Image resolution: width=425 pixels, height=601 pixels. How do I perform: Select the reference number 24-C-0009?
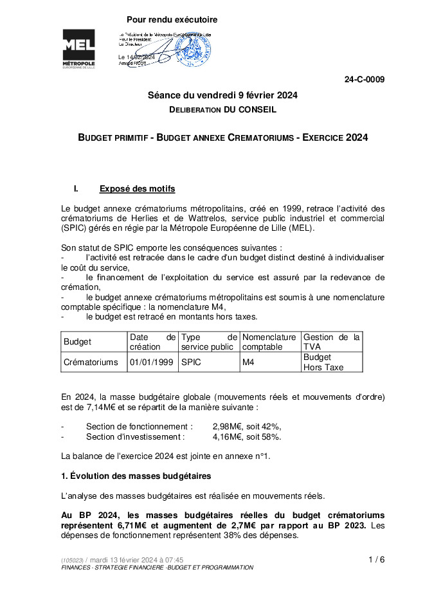365,80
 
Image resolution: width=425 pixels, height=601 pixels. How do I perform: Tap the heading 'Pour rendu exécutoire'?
172,20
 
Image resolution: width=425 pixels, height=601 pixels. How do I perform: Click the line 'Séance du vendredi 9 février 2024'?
222,95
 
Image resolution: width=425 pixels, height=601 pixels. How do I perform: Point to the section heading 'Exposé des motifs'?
137,189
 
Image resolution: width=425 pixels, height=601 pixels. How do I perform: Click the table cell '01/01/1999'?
151,363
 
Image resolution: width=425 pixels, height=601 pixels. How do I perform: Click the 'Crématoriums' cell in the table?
91,363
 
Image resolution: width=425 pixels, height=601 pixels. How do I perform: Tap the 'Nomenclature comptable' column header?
269,342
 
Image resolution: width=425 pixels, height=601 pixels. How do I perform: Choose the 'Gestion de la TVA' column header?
331,342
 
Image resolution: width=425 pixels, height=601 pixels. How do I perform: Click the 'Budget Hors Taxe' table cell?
323,363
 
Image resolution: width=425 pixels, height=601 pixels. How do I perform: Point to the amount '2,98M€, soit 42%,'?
247,426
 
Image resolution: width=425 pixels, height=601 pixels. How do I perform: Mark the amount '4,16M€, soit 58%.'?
247,437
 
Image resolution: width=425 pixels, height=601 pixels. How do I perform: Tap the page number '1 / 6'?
377,559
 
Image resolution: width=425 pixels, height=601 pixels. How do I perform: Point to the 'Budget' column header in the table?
78,342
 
